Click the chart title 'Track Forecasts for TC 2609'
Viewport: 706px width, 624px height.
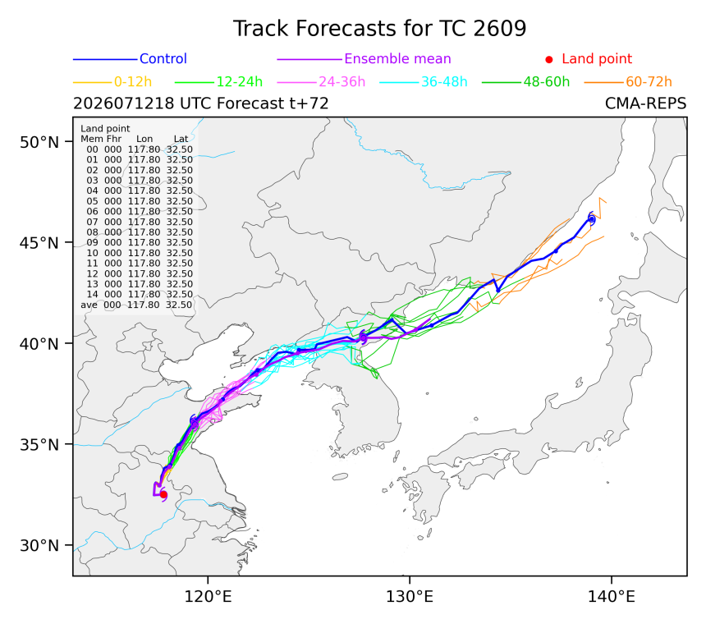[x=379, y=29]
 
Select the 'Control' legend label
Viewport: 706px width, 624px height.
[x=163, y=58]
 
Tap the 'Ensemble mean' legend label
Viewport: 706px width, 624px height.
[x=397, y=58]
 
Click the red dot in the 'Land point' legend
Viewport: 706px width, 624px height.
[x=549, y=59]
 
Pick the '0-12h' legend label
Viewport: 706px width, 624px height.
[x=133, y=81]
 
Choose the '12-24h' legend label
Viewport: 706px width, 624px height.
[x=240, y=81]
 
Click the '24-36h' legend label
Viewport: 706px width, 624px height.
[x=342, y=81]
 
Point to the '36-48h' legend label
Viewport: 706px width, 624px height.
[x=444, y=81]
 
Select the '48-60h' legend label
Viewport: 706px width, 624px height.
[x=546, y=81]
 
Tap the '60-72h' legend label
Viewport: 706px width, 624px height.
[x=649, y=81]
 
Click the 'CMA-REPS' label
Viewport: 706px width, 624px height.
[x=646, y=103]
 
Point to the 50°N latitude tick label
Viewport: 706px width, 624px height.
[x=39, y=142]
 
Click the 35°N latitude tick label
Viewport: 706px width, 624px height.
[x=39, y=445]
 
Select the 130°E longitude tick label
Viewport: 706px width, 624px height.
[x=410, y=597]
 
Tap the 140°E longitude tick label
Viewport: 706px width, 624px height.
[x=611, y=597]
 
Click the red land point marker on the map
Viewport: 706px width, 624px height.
[x=163, y=495]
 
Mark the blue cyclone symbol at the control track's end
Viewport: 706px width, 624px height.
[x=592, y=219]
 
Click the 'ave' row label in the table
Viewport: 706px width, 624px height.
[x=89, y=305]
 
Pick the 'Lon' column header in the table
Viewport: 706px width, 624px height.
[x=144, y=139]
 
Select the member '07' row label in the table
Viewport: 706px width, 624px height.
[x=92, y=222]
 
